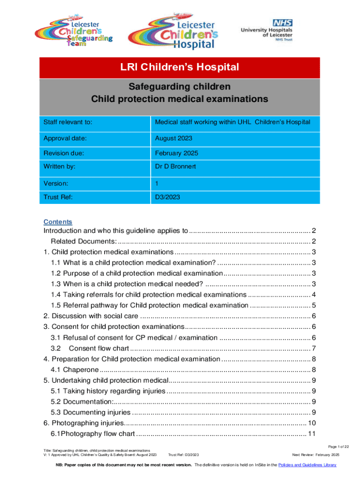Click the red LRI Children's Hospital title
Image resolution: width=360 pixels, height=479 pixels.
tap(180, 67)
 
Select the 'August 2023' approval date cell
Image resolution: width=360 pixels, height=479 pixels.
tap(173, 138)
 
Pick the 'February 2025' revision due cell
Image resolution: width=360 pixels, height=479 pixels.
tap(176, 152)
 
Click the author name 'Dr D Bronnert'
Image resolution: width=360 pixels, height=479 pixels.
tap(176, 166)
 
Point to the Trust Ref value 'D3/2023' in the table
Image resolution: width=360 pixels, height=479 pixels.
tap(168, 197)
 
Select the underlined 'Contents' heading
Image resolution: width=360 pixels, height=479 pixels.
tap(58, 222)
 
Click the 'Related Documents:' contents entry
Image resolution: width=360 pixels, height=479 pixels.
tap(84, 241)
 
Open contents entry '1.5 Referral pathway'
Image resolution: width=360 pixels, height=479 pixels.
tap(150, 305)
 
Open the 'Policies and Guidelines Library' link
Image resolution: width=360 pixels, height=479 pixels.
tap(307, 465)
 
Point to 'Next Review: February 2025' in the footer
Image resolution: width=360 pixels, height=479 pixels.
tap(316, 455)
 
